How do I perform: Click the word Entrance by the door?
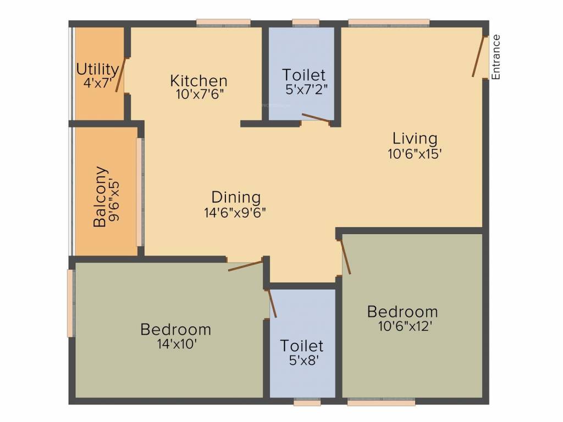(x=496, y=57)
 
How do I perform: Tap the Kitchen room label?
(x=198, y=81)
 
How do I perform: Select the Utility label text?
(x=97, y=70)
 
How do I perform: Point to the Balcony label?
(x=100, y=197)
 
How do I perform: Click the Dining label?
(x=236, y=197)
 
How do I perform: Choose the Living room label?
(x=415, y=138)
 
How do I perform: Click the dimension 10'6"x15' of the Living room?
(x=415, y=154)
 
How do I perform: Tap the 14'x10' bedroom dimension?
(x=176, y=345)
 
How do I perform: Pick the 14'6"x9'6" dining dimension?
(x=235, y=212)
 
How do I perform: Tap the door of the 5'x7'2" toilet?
(x=316, y=118)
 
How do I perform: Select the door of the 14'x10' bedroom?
(x=245, y=266)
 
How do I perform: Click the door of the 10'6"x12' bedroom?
(x=345, y=257)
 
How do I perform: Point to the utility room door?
(x=120, y=75)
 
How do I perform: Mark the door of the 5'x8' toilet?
(x=272, y=303)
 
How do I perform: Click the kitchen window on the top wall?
(x=223, y=23)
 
